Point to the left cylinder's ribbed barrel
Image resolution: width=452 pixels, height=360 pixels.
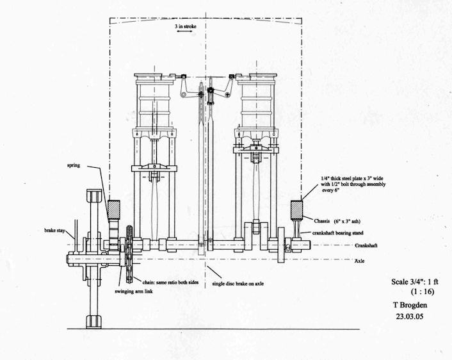pos(154,102)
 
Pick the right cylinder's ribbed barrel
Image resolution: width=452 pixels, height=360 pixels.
pos(256,102)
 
